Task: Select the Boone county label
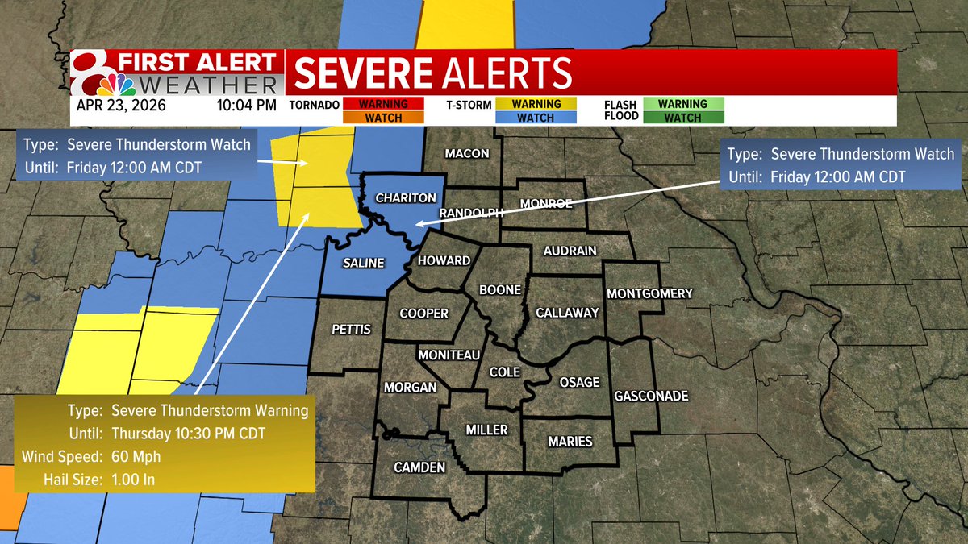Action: coord(500,289)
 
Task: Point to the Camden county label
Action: coord(419,468)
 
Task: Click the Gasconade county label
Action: coord(651,396)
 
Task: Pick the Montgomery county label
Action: coord(649,293)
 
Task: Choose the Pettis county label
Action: coord(352,329)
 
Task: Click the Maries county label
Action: coord(570,442)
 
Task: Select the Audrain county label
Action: coord(570,251)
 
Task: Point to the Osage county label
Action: coord(579,382)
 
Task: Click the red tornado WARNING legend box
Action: coord(383,104)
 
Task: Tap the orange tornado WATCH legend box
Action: coord(383,118)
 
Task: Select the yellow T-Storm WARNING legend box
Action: coord(536,104)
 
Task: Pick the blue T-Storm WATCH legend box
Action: coord(536,118)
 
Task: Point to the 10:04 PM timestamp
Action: coord(247,105)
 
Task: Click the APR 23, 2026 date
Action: coord(122,105)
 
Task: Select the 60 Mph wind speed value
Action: coord(136,457)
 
